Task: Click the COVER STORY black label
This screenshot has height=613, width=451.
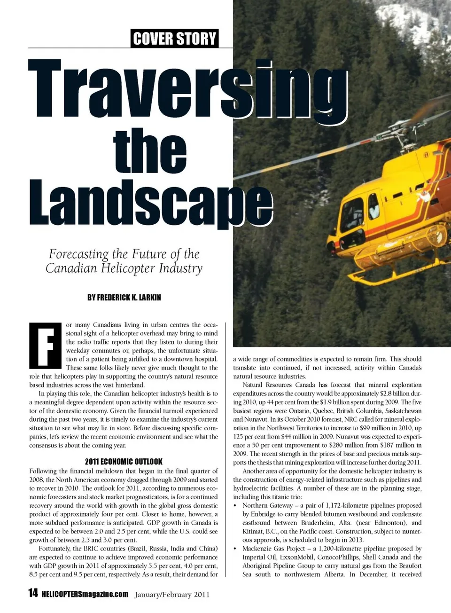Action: [175, 39]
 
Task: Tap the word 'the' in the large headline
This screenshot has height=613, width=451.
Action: [150, 150]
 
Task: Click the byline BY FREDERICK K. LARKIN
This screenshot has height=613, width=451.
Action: [124, 298]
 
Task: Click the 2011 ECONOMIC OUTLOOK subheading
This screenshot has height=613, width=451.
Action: [124, 462]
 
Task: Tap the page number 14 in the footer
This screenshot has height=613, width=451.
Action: [33, 593]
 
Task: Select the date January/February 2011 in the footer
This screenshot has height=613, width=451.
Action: [172, 595]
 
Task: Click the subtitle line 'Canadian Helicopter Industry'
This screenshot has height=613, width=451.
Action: [124, 268]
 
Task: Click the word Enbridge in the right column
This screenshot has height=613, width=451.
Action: [264, 514]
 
